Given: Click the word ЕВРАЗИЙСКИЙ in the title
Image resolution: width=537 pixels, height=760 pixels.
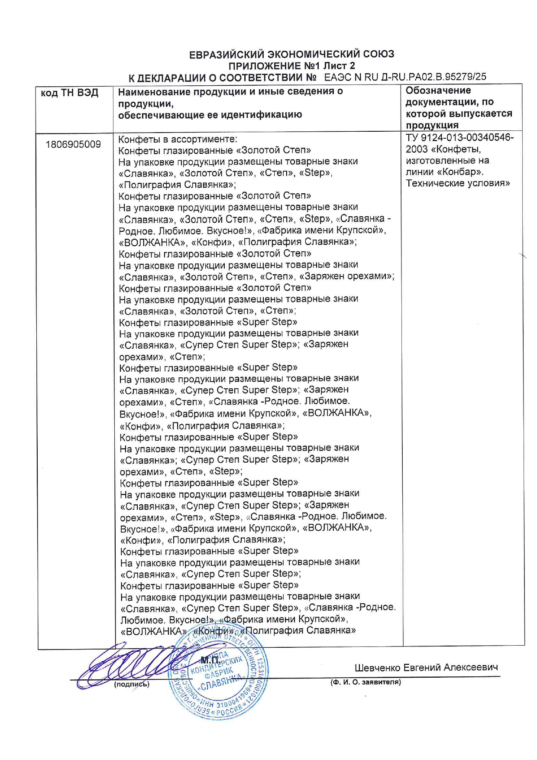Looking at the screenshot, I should click(227, 55).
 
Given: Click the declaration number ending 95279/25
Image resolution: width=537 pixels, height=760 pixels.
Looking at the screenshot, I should click(405, 77).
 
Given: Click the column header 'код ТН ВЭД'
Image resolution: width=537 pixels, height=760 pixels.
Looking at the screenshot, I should click(70, 93).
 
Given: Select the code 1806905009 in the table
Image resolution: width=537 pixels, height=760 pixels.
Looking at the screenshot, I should click(73, 144).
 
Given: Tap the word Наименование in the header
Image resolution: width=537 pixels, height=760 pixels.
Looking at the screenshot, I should click(154, 91).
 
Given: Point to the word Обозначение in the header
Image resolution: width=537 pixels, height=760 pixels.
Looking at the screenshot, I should click(438, 91).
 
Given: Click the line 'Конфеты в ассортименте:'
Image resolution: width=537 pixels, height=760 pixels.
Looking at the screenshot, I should click(178, 139).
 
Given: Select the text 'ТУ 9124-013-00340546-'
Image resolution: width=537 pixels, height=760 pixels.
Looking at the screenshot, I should click(459, 138).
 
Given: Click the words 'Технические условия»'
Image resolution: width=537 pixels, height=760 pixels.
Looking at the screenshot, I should click(458, 183).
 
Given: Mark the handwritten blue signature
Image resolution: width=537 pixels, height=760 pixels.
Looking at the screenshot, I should click(126, 665).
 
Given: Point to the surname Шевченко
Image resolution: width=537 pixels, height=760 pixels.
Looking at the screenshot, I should click(377, 668).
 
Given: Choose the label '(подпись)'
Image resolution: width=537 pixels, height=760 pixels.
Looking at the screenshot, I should click(132, 684).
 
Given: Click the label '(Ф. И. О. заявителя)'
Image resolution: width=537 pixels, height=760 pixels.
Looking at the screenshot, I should click(366, 682).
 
